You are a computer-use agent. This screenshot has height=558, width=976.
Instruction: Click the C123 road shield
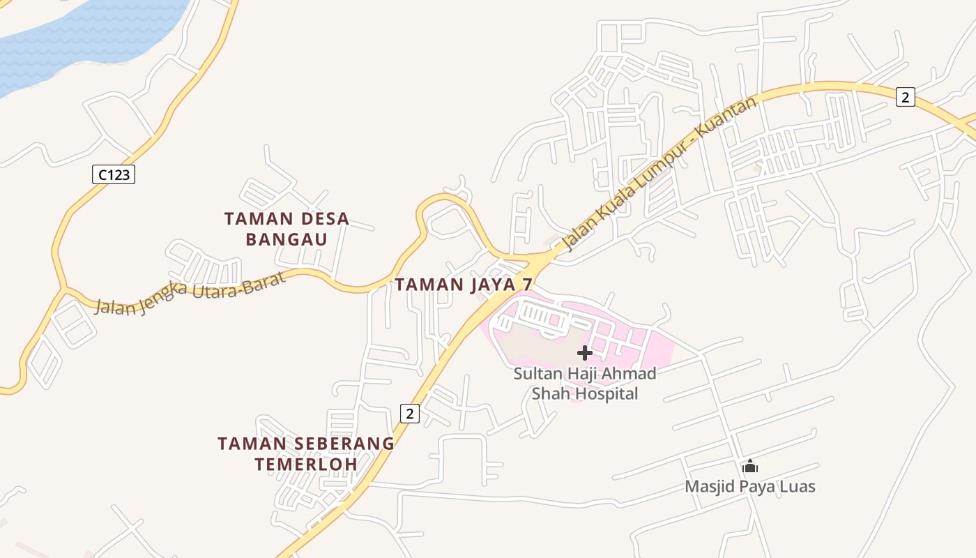tap(114, 174)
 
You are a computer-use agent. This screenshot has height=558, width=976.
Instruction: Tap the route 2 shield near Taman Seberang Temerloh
tap(410, 414)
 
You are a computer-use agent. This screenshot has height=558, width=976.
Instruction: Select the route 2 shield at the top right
tap(905, 97)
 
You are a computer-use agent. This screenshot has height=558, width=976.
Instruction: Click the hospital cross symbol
tap(585, 352)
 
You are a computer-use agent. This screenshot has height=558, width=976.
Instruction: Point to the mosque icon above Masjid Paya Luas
tap(750, 466)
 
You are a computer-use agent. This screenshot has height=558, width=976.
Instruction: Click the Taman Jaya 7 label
tap(464, 285)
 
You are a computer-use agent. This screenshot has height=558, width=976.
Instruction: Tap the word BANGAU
tap(287, 240)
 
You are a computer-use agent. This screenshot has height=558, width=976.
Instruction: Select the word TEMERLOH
tap(306, 464)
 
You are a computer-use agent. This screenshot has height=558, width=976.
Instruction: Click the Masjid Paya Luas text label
tap(750, 486)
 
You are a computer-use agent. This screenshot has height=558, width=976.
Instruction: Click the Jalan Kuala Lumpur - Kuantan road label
tap(658, 174)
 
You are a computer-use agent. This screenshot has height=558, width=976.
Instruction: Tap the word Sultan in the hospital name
tap(538, 373)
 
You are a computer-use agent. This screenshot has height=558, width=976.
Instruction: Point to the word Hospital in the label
tap(604, 393)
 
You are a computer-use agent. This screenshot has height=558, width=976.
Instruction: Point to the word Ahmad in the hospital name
tap(631, 373)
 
